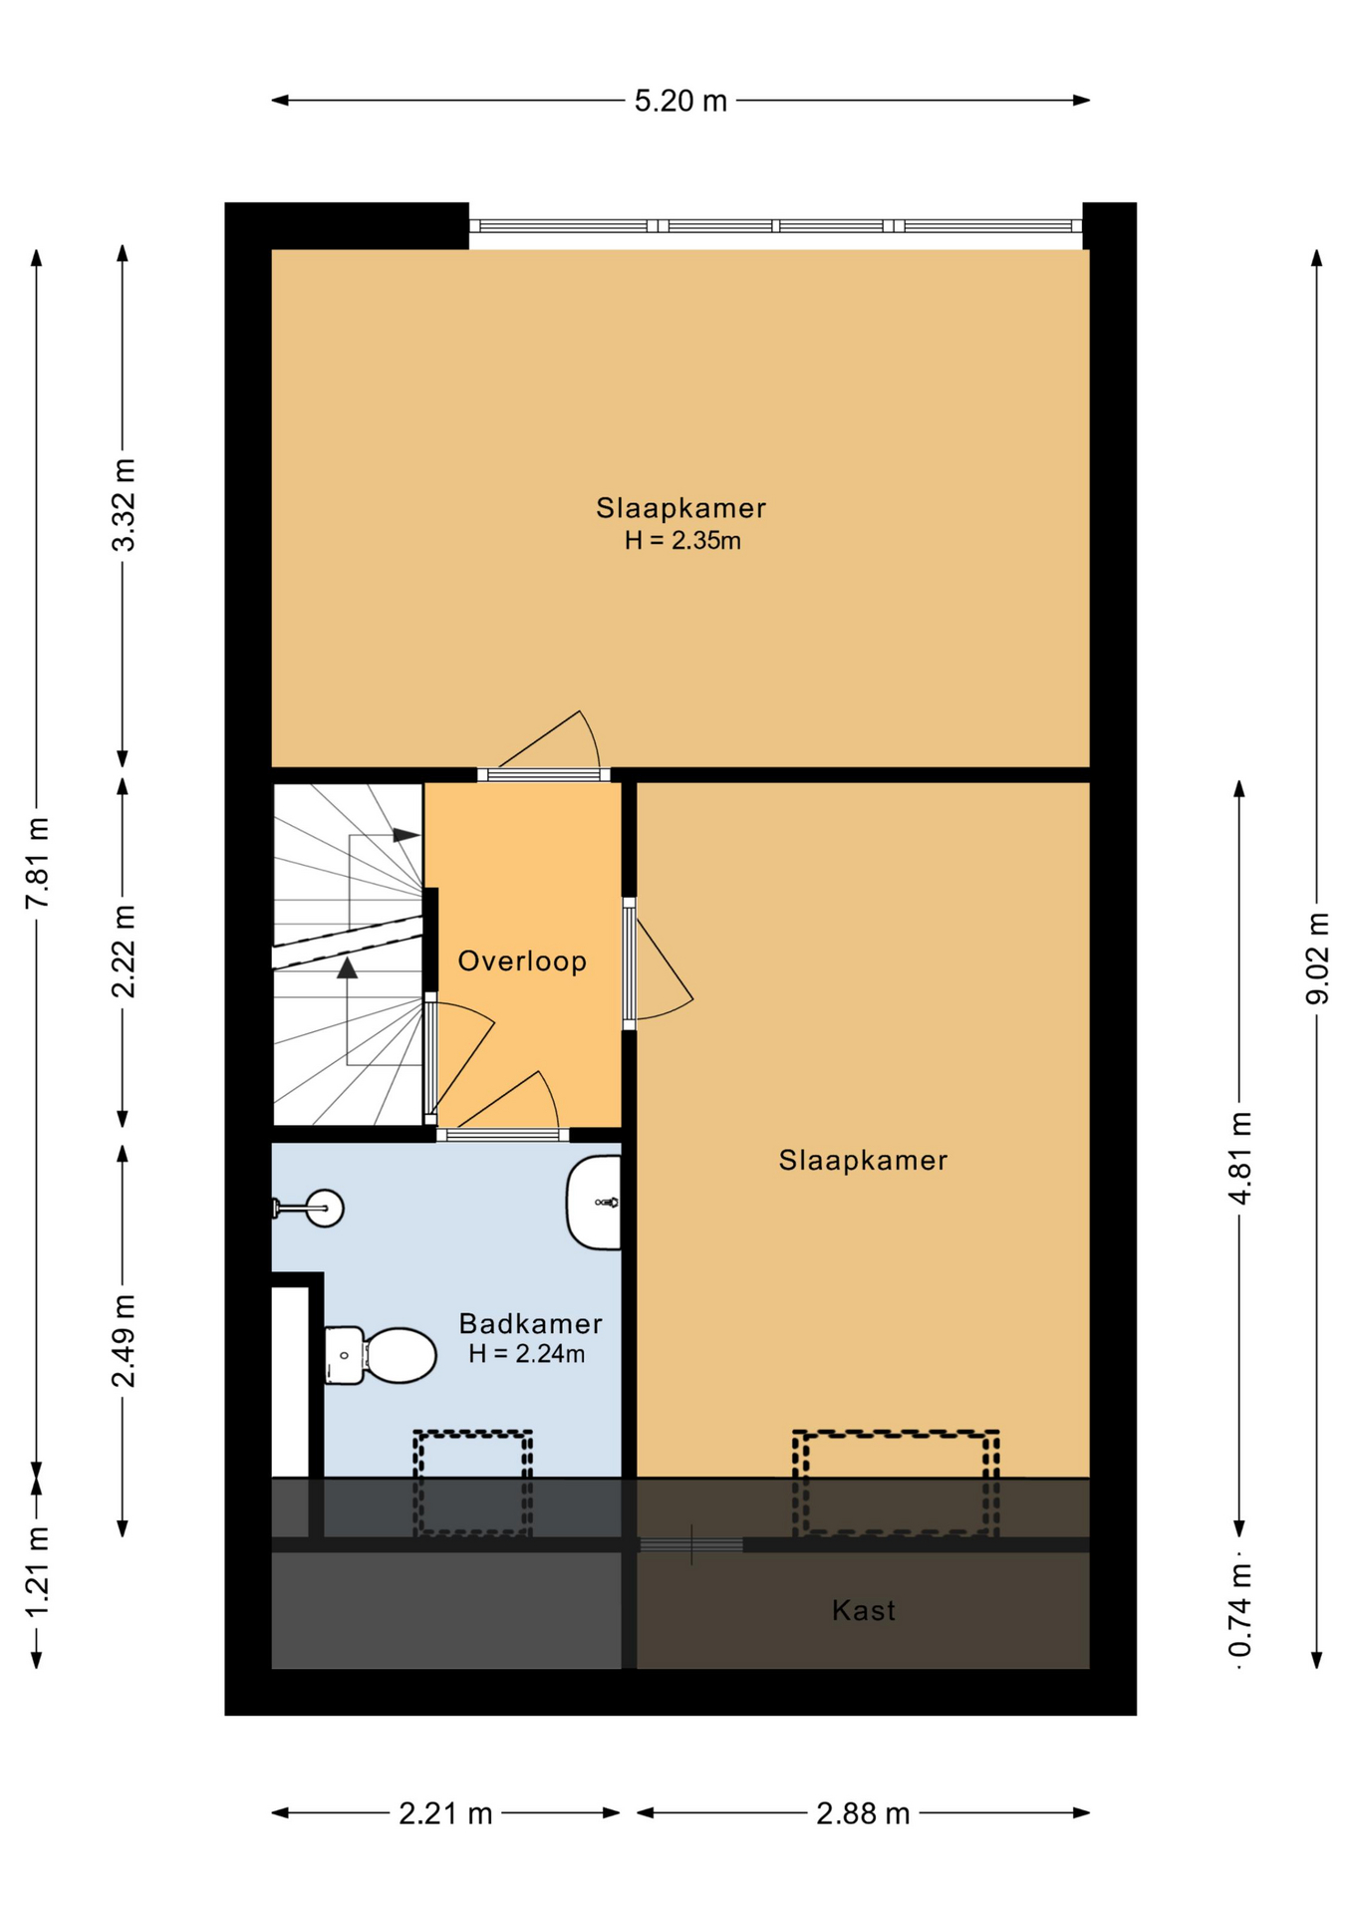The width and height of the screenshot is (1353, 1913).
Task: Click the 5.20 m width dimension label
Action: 680,101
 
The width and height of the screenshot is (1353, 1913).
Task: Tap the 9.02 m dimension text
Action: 1317,957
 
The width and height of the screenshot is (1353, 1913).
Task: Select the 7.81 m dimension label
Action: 37,862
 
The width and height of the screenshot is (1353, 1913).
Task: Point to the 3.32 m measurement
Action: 123,505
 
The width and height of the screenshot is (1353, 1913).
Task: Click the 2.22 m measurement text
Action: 123,951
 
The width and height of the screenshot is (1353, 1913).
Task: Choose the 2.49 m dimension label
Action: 123,1340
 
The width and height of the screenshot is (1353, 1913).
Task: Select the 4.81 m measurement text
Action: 1239,1158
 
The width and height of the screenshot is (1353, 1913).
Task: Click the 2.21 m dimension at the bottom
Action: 445,1813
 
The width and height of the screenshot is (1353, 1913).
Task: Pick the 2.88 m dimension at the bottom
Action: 863,1813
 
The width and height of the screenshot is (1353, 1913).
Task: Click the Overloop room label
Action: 522,961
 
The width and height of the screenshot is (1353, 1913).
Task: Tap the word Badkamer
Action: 530,1324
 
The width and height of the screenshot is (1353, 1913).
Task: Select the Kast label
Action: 864,1611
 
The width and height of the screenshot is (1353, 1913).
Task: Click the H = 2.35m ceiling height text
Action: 682,541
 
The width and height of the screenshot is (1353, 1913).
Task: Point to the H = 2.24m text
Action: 527,1354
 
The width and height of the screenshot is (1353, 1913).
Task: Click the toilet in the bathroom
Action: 381,1355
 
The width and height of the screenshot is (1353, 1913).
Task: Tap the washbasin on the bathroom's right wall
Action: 594,1203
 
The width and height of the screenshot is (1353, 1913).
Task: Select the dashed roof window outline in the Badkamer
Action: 473,1484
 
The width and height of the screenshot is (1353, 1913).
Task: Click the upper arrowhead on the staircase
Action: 406,835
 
